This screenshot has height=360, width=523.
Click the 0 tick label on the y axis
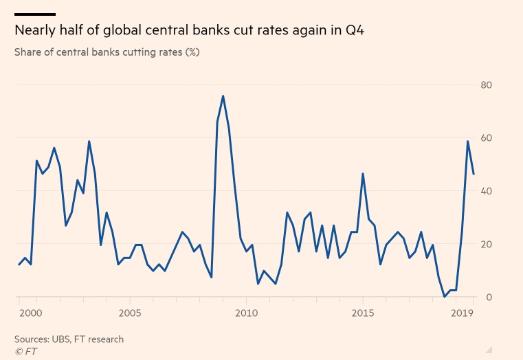(x=489, y=297)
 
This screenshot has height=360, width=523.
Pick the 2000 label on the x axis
(x=30, y=313)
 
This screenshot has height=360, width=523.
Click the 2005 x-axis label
(x=130, y=313)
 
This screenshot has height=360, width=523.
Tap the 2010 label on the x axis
(x=246, y=313)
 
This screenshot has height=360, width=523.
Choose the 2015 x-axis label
(x=363, y=313)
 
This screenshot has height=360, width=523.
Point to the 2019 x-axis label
(x=463, y=313)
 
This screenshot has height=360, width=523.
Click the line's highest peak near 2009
(x=223, y=96)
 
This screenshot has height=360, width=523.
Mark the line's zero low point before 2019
(x=445, y=297)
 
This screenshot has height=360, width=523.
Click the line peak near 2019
(x=468, y=142)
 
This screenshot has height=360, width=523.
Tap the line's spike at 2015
(x=363, y=174)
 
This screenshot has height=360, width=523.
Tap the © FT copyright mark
(x=25, y=350)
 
